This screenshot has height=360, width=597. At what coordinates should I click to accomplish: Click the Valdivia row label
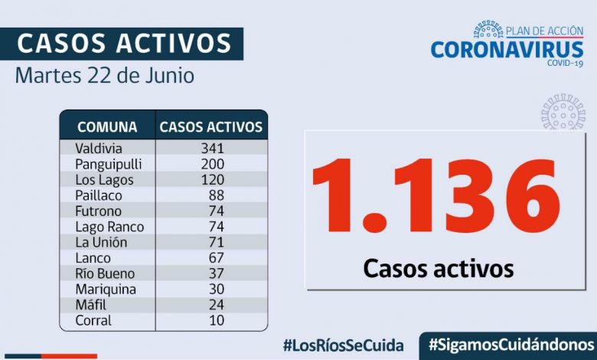99,148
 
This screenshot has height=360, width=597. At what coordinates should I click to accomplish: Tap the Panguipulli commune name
109,164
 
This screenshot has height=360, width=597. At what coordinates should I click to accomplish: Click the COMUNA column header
107,127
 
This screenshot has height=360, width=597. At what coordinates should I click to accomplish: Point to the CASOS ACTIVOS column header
210,127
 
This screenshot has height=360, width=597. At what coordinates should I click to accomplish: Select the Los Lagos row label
104,180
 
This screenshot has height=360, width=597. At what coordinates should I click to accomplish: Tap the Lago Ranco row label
109,227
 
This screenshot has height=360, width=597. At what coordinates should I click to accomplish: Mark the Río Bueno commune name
105,273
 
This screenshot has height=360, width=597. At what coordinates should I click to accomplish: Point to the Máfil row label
92,305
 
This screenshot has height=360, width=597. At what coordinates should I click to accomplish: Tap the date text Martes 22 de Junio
104,77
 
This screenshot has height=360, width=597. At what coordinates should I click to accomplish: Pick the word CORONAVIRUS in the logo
506,49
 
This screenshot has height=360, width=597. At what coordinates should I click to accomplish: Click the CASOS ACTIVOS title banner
123,44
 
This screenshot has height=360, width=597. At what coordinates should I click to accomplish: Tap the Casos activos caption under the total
438,268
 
